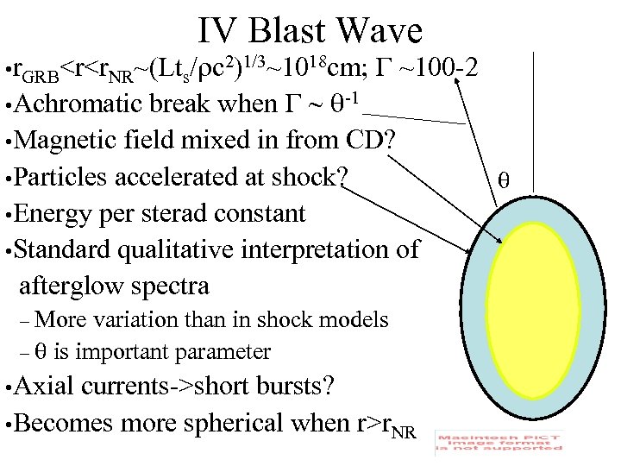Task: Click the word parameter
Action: pyautogui.click(x=223, y=351)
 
